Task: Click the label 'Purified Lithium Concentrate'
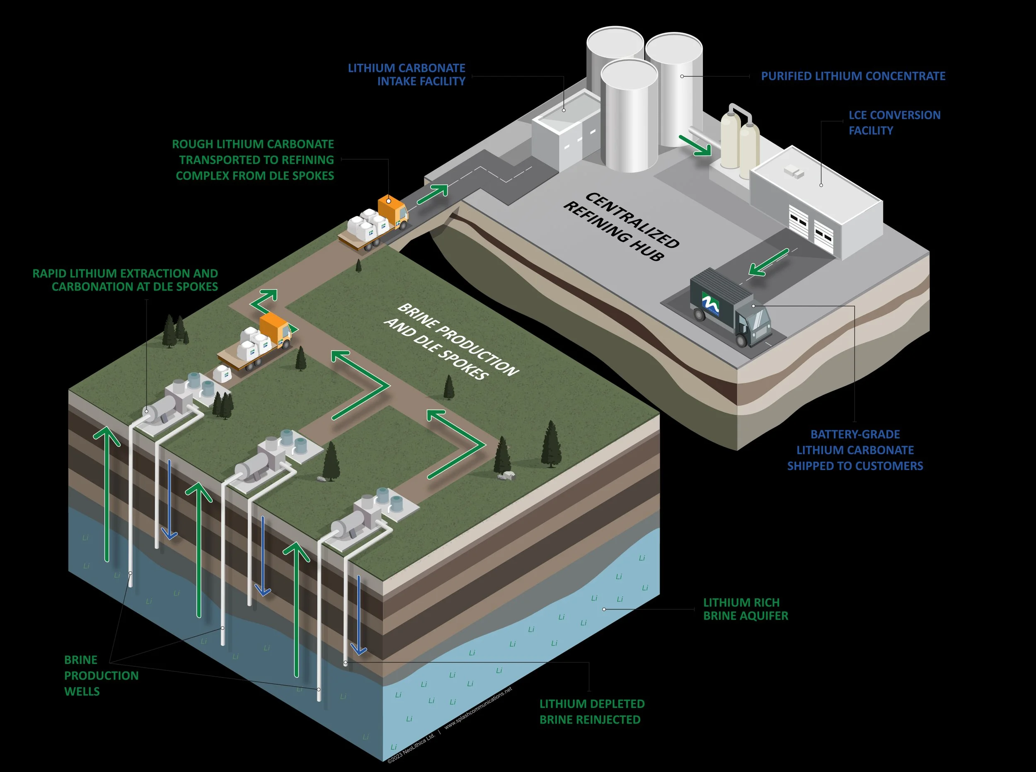tap(853, 76)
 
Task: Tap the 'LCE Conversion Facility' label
tap(894, 122)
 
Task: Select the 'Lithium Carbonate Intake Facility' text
tap(407, 75)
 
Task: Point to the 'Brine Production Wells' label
tap(101, 675)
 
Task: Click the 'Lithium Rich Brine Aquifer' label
tap(746, 609)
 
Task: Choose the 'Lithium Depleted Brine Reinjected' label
tap(592, 711)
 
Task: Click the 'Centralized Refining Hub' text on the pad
tap(621, 226)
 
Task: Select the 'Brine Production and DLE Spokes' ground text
tap(451, 341)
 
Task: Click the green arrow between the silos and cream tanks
tap(695, 145)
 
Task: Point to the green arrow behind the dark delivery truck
tap(769, 262)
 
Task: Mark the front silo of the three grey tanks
tap(629, 117)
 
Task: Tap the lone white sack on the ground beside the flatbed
tap(223, 374)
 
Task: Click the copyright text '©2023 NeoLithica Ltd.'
tap(411, 748)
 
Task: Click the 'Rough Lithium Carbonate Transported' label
tap(253, 160)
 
